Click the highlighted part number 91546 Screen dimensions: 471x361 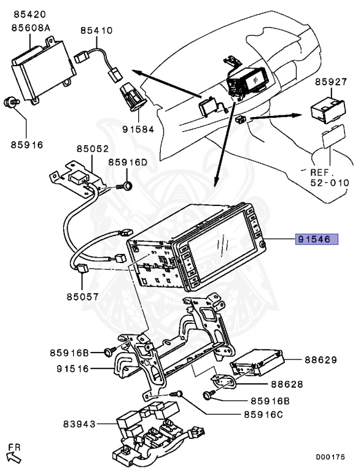[317, 239]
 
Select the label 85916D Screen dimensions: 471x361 [128, 163]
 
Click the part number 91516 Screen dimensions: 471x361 [73, 369]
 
